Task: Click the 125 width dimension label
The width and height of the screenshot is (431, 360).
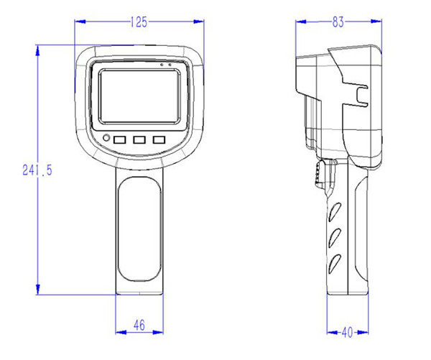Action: coord(139,22)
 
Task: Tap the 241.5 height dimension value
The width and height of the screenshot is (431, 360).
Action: coord(37,170)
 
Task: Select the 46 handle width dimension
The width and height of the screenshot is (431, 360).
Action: coord(139,325)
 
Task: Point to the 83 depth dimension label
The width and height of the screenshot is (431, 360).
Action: coord(338,22)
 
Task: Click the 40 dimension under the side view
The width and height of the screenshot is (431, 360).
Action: coord(347,332)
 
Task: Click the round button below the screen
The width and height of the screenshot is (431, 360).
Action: coord(106,138)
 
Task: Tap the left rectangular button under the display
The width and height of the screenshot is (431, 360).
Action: coord(120,139)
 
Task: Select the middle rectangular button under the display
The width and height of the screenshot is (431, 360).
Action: coord(139,139)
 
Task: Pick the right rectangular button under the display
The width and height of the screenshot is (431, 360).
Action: coord(159,139)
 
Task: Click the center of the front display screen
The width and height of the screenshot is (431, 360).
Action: coord(139,96)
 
